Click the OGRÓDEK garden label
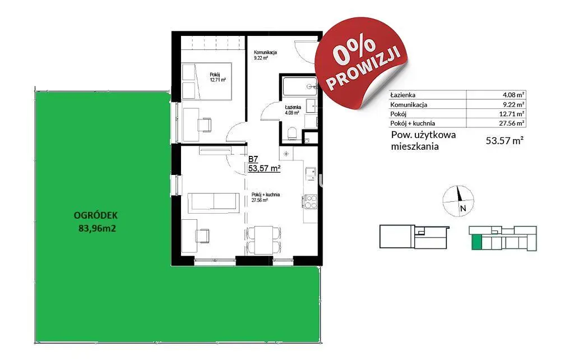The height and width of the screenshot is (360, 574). coord(96,215)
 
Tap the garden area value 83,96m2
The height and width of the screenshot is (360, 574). coord(98,229)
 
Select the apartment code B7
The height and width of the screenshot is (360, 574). coord(253,159)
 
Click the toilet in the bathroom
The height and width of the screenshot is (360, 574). coord(293,133)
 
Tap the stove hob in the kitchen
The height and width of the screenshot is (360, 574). coord(311,202)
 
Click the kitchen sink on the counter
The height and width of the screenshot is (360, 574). coord(311,174)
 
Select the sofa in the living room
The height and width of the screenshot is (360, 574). coord(214,202)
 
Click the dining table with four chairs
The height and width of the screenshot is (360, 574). coord(265,240)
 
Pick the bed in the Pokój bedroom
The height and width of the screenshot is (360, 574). coord(207,81)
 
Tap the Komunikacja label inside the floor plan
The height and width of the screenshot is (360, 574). coord(265,52)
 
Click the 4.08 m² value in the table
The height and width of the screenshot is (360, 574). coord(513,95)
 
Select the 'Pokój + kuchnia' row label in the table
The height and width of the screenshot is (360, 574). coord(413,123)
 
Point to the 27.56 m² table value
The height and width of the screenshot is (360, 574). coord(512,123)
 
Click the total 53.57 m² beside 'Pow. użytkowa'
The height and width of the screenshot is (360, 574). coord(504,140)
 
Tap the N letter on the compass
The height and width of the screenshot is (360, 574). coord(462,209)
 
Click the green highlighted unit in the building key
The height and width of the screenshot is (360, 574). coord(476,242)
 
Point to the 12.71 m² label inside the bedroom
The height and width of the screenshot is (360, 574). coord(218,80)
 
